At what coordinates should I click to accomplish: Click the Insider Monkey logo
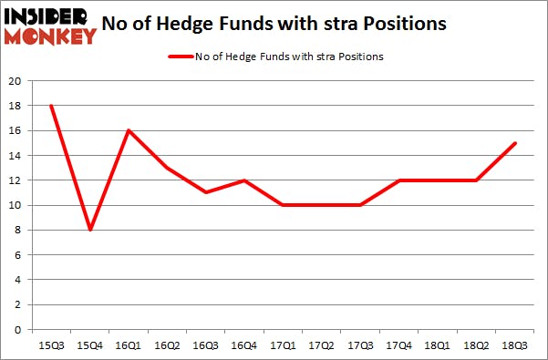(x=50, y=26)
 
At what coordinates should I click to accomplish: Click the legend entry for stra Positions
(x=289, y=57)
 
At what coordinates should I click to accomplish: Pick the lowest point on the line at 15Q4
(x=88, y=230)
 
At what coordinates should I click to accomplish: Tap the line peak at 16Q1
(x=129, y=130)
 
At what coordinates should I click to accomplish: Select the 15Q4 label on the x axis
(x=88, y=345)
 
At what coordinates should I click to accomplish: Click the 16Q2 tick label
(x=168, y=345)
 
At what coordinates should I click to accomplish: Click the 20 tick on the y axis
(x=15, y=81)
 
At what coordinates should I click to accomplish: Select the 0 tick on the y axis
(x=17, y=329)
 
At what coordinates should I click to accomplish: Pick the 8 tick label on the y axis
(x=17, y=230)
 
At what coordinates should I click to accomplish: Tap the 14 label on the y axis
(x=15, y=156)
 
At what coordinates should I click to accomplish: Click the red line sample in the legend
(x=180, y=57)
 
